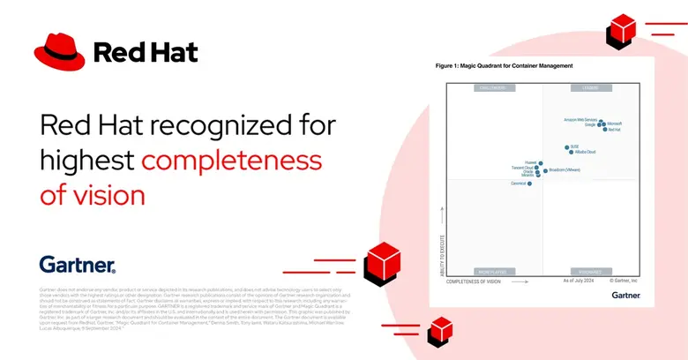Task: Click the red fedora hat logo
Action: [x=59, y=52]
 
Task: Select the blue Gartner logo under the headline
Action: [x=78, y=263]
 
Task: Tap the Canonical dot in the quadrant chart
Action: [x=529, y=184]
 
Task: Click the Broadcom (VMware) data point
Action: [x=545, y=170]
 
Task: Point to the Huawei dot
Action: [x=539, y=163]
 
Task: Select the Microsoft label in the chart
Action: [x=615, y=124]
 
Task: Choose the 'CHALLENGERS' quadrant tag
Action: [x=495, y=87]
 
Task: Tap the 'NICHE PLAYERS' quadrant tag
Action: [x=495, y=270]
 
